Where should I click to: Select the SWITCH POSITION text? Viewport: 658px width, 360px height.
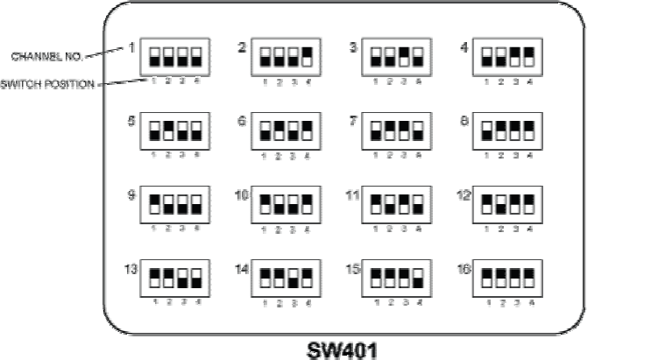tap(49, 85)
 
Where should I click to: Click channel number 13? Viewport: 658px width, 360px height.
tap(131, 269)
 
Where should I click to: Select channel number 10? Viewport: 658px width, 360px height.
tap(243, 194)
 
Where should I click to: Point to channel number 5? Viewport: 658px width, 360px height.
tap(131, 121)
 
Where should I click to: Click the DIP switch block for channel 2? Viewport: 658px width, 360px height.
tap(283, 58)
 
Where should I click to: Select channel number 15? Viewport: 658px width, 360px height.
tap(353, 269)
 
